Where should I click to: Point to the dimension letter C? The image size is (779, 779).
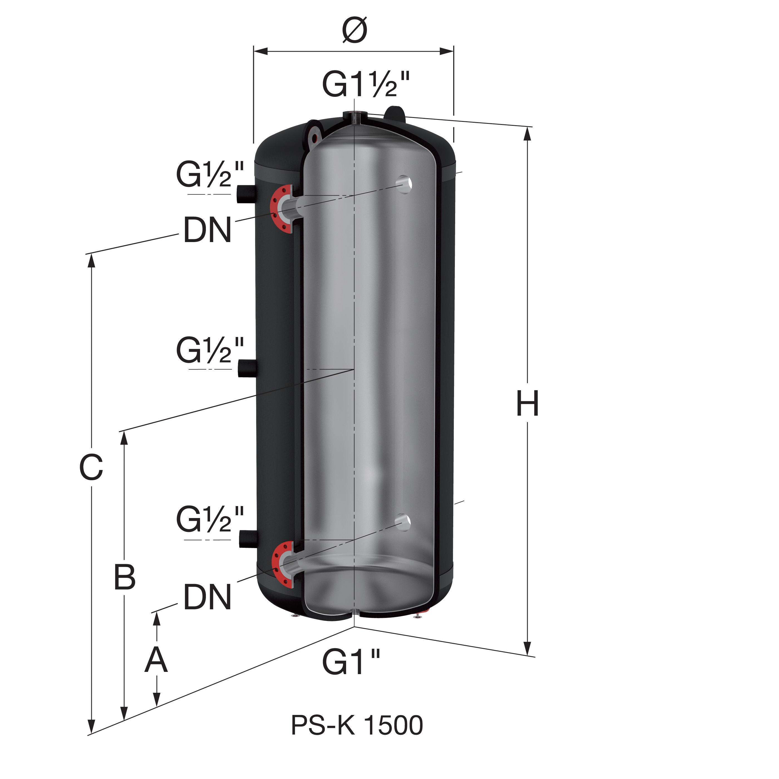pyautogui.click(x=91, y=468)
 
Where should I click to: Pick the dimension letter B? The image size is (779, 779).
pyautogui.click(x=125, y=577)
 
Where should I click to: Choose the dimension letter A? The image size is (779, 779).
pyautogui.click(x=156, y=660)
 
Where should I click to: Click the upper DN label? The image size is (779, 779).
pyautogui.click(x=208, y=230)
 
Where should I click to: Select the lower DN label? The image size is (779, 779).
pyautogui.click(x=208, y=597)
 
